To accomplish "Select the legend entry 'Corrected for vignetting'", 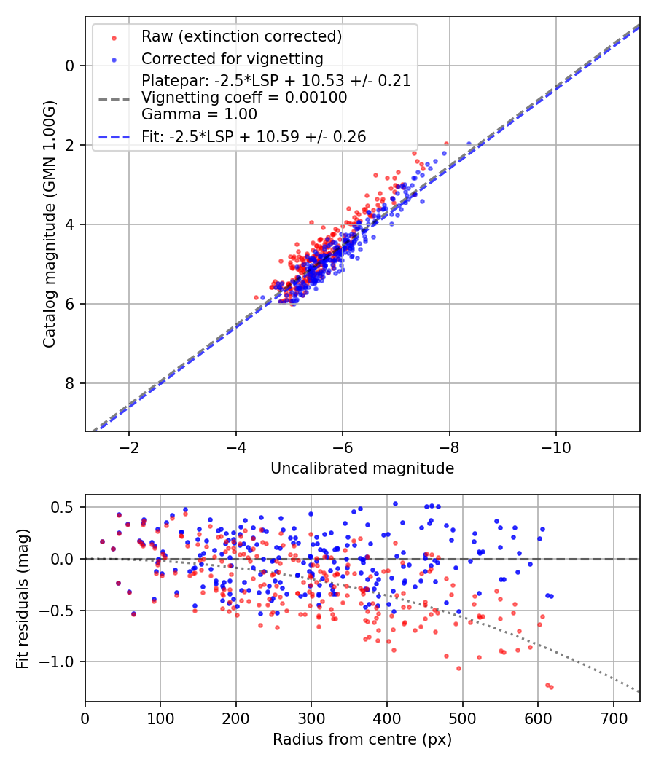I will (232, 58).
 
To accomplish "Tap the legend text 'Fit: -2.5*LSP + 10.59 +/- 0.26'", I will (253, 136).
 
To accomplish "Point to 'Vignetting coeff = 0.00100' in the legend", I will (244, 98).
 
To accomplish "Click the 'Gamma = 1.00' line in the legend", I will (199, 114).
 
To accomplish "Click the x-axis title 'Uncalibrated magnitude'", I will (362, 468).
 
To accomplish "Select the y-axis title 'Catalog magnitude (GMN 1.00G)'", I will (49, 224).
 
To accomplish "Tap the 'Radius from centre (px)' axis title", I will (362, 739).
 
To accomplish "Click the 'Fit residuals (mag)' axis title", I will (22, 599).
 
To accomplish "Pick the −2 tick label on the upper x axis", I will (129, 446).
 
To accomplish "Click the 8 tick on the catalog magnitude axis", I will (70, 383).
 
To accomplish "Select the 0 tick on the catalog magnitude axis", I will (70, 66).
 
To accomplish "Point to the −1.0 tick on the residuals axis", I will (61, 662).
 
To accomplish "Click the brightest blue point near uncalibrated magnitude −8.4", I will (469, 144).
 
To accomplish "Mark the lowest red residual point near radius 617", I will (551, 687).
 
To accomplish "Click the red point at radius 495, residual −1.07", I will (458, 668).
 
